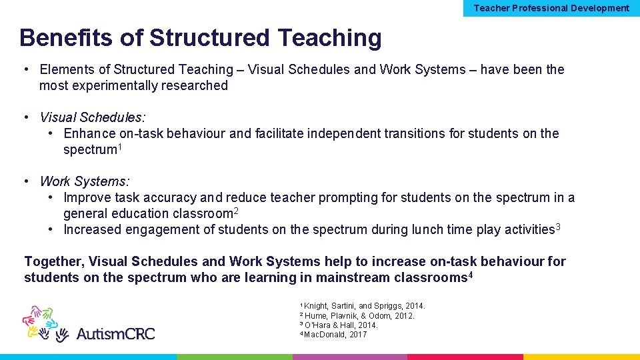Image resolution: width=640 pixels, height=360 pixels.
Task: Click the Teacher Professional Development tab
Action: (x=551, y=8)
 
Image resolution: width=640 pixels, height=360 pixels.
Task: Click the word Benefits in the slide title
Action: (x=67, y=38)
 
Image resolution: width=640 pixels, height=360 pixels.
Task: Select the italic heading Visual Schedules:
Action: (x=92, y=117)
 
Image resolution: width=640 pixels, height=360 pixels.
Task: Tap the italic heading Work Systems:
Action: (x=85, y=181)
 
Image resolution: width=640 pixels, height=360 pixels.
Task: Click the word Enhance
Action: (x=89, y=133)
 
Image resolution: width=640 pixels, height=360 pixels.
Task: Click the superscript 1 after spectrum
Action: (x=119, y=147)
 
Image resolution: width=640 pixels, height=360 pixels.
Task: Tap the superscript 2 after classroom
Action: (x=236, y=211)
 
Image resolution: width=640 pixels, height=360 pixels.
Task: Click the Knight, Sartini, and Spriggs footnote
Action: (x=364, y=306)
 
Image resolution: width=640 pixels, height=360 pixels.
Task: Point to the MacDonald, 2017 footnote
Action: (x=335, y=334)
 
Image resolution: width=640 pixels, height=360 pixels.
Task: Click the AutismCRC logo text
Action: (x=115, y=333)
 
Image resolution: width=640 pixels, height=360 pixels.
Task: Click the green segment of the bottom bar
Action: (x=234, y=357)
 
